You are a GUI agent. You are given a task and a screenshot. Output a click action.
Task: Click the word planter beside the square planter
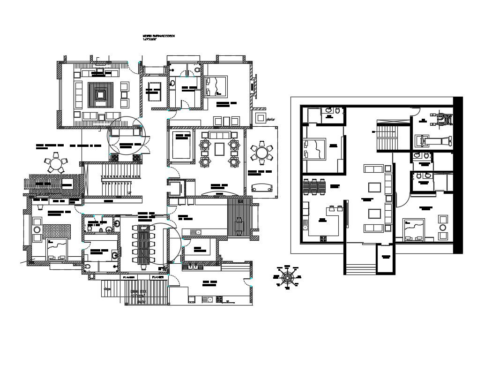270,120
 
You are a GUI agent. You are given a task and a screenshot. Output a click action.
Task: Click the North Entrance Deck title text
158,37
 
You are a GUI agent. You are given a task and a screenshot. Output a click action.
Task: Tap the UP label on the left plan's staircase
130,193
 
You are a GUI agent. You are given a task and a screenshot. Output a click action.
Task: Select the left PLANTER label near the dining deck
129,278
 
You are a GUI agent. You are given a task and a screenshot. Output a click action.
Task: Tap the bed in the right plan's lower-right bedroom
413,229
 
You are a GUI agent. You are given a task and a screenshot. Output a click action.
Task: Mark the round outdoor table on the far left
55,164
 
